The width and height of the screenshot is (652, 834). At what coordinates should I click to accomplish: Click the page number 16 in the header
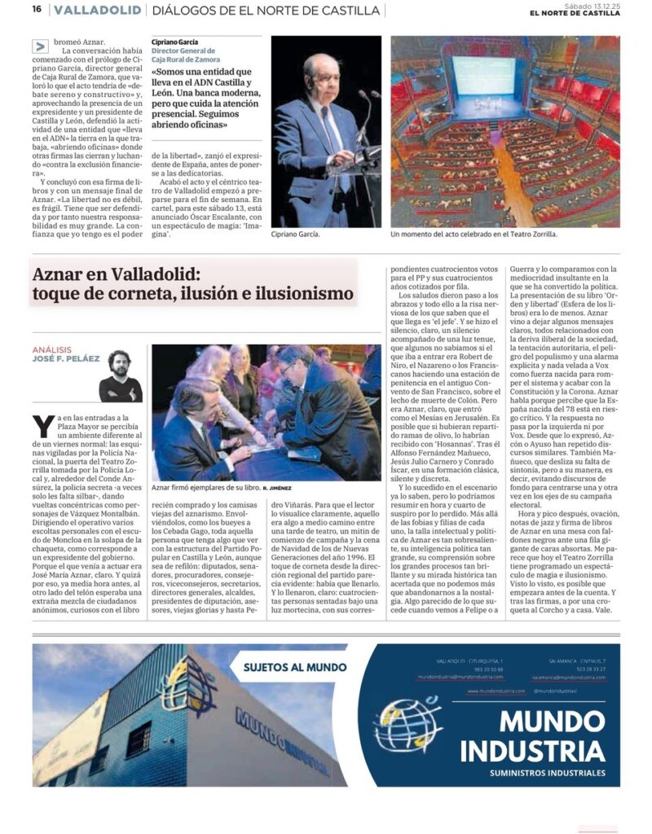point(37,10)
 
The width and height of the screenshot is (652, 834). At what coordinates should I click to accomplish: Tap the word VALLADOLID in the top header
point(96,11)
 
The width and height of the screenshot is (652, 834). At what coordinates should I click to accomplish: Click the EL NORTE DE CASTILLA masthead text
point(574,14)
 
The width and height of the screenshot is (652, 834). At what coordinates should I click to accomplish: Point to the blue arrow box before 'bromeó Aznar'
point(40,46)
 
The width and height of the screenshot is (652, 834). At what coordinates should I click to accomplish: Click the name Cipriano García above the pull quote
point(174,42)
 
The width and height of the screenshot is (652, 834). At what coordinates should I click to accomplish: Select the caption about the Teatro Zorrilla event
point(474,234)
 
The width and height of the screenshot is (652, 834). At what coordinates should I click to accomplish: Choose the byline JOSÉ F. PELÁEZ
point(67,358)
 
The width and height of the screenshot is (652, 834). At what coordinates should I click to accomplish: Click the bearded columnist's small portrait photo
point(121,375)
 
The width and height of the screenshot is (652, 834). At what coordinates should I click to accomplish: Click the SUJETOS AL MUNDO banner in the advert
point(294,667)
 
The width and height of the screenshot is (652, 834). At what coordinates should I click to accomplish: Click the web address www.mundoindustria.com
point(496,691)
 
